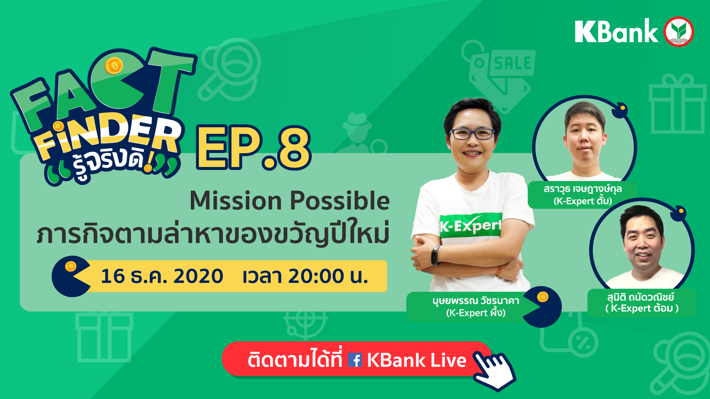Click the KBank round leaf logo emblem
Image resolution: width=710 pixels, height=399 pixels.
click(679, 31)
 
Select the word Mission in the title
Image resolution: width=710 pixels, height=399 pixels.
click(236, 201)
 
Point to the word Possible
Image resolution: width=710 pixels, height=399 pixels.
click(340, 201)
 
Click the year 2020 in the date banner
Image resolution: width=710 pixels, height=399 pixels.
click(198, 276)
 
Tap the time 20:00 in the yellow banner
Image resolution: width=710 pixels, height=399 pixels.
click(316, 276)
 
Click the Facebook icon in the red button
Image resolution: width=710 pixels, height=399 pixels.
click(355, 360)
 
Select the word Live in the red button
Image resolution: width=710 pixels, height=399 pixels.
click(448, 360)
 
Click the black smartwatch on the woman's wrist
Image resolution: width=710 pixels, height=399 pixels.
click(436, 255)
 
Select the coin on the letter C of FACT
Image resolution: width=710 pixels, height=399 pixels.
click(114, 66)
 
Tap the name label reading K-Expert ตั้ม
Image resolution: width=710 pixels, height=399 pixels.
click(583, 195)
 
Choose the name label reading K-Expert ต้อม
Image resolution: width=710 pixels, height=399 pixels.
click(642, 303)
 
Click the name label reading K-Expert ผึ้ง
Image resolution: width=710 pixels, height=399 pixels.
click(476, 307)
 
